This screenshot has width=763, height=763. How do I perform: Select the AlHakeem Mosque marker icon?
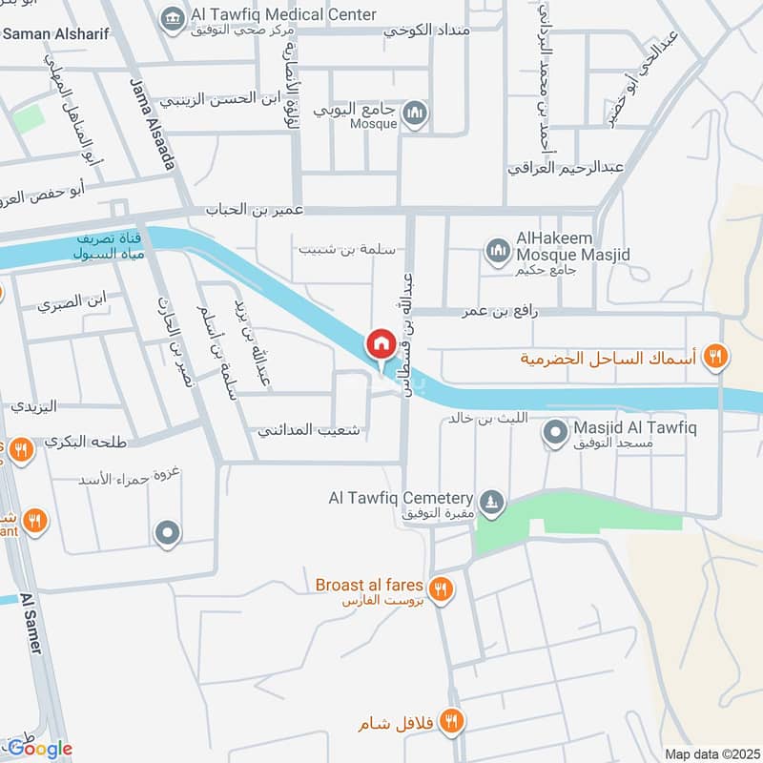click(x=496, y=251)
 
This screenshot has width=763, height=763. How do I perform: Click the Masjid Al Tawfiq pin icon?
click(x=553, y=434)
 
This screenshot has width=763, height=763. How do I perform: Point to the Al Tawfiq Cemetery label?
click(x=401, y=499)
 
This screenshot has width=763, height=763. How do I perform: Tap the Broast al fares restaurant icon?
click(x=440, y=588)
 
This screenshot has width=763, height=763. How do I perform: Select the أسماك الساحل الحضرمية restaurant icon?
click(x=715, y=359)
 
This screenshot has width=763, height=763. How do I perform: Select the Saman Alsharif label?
click(x=57, y=34)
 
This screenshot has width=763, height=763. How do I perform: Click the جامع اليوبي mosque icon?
click(x=415, y=116)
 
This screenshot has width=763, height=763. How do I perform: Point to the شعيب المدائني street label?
click(x=309, y=430)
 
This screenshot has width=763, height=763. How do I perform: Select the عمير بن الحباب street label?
click(x=258, y=210)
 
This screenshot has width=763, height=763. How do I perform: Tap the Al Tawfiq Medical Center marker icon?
click(x=173, y=18)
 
